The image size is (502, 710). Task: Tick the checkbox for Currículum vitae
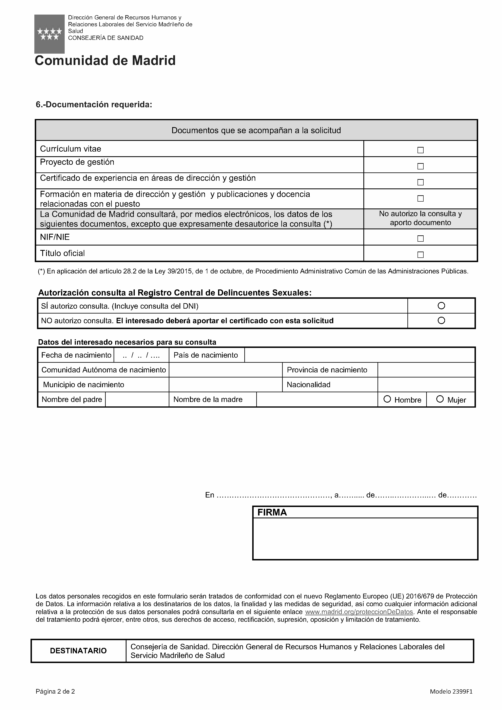click(420, 150)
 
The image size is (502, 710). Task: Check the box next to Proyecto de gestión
click(420, 166)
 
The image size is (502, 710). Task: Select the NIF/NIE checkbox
click(420, 239)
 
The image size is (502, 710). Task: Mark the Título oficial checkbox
click(420, 255)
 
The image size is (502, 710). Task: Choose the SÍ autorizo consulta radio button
click(441, 306)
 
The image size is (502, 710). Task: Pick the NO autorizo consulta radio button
click(441, 320)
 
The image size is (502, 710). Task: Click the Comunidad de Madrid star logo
click(50, 34)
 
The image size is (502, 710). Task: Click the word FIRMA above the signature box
click(272, 512)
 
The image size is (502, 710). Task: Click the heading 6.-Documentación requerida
click(94, 105)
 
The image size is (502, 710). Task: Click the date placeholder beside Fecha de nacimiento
click(141, 355)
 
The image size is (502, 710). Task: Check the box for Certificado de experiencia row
click(420, 182)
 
